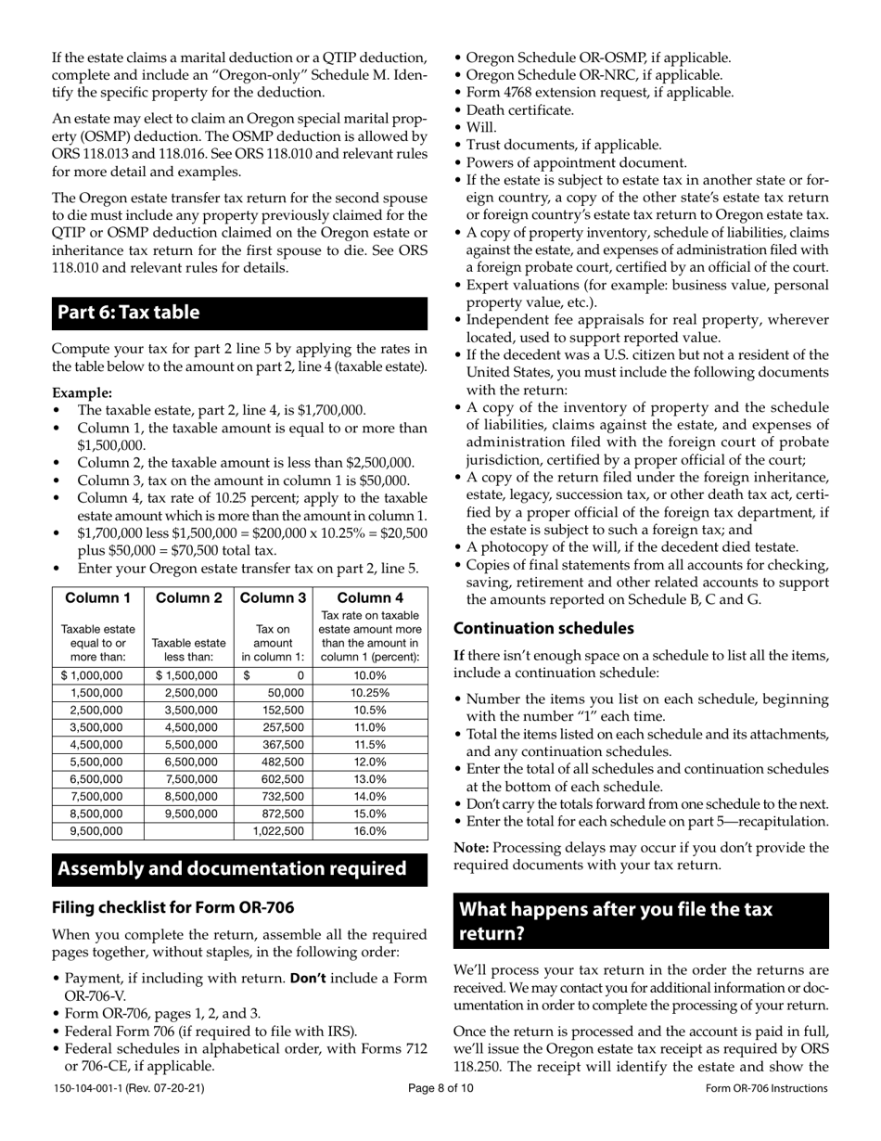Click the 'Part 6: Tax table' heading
(x=129, y=313)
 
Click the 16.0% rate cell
(x=370, y=831)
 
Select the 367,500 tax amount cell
(x=284, y=745)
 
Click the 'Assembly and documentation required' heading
(x=233, y=868)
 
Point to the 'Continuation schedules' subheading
(x=543, y=628)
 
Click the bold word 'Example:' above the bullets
(x=82, y=392)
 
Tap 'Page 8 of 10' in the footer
(x=440, y=1088)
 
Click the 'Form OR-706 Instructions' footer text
(x=766, y=1088)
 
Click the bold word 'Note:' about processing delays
(x=472, y=847)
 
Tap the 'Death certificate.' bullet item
(x=520, y=109)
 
